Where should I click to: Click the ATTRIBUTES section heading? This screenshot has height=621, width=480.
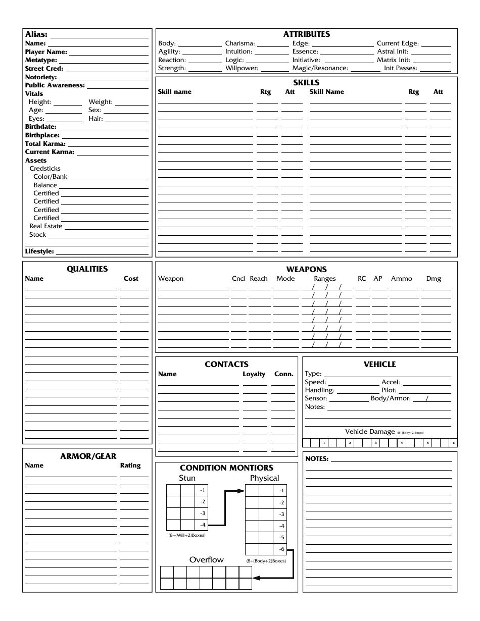click(x=306, y=34)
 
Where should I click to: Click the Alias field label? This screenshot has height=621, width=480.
click(x=36, y=35)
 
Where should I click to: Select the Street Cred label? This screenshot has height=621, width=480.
click(x=44, y=69)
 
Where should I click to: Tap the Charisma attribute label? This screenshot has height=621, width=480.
click(x=240, y=43)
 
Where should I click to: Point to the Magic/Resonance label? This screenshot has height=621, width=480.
click(x=320, y=68)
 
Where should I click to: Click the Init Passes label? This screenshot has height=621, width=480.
click(x=401, y=68)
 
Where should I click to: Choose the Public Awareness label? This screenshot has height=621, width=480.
click(x=55, y=85)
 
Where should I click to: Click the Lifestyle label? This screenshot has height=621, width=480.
click(x=39, y=251)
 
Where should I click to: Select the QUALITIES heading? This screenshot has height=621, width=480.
click(x=87, y=269)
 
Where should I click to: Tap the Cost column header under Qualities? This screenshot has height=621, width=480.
click(x=131, y=279)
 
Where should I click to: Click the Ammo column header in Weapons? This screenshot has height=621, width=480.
click(x=402, y=279)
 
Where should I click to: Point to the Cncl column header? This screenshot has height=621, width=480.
click(x=238, y=279)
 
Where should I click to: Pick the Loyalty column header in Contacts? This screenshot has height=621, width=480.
click(x=254, y=374)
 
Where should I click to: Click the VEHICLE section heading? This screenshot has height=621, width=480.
click(x=379, y=365)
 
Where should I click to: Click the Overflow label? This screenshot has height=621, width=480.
click(x=206, y=560)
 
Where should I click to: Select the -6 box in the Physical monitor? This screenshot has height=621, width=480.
click(x=281, y=549)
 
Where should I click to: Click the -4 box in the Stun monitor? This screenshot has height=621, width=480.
click(x=202, y=525)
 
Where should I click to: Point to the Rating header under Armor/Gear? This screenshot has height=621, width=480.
click(x=130, y=465)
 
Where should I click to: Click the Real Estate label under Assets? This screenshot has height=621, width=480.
click(x=46, y=226)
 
